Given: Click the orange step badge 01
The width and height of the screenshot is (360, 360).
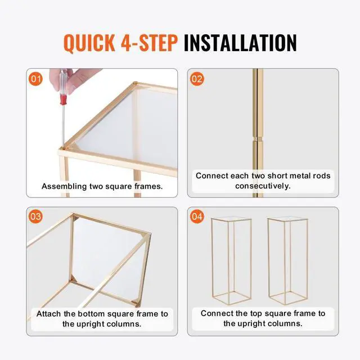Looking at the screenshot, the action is (x=35, y=79).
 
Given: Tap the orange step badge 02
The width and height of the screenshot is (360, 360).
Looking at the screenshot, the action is (x=197, y=79).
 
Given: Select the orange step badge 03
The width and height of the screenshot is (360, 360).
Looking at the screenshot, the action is (x=35, y=217).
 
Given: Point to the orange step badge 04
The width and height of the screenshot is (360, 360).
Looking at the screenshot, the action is (x=197, y=217).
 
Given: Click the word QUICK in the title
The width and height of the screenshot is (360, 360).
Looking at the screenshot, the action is (x=89, y=43).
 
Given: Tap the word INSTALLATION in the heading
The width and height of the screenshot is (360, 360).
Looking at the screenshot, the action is (x=240, y=43).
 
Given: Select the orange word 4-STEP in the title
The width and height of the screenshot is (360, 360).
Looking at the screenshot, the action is (x=149, y=43).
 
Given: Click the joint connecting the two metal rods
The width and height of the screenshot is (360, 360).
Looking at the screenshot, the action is (x=258, y=139).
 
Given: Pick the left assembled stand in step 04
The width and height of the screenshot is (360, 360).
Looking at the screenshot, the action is (x=231, y=260).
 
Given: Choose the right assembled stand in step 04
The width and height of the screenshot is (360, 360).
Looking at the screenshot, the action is (x=287, y=260).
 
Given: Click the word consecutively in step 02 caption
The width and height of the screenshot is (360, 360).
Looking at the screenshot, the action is (x=263, y=186).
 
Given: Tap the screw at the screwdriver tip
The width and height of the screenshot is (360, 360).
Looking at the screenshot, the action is (x=62, y=148).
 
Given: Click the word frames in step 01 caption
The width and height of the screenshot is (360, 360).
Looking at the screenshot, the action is (x=148, y=186).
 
